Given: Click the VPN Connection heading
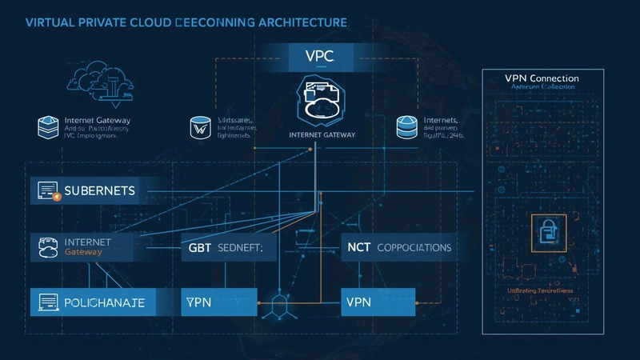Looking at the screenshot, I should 542,78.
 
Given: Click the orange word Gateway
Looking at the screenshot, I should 84,253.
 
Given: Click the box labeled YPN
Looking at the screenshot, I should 219,302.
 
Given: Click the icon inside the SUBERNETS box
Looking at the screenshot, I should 48,192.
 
